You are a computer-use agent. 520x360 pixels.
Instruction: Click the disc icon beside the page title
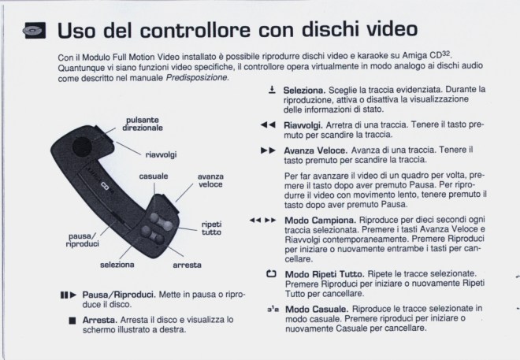click(35, 31)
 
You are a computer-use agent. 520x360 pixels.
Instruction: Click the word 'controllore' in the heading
click(195, 29)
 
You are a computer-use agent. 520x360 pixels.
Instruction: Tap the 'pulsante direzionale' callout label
click(143, 124)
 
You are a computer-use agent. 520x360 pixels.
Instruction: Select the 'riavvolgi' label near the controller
click(161, 154)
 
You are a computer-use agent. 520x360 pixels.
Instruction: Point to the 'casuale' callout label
click(154, 176)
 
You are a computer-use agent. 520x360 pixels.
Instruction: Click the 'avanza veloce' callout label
click(210, 180)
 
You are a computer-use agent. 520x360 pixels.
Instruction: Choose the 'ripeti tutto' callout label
click(212, 228)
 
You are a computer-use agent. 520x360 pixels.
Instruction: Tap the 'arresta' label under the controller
click(187, 265)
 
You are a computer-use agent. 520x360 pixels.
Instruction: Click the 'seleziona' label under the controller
click(117, 265)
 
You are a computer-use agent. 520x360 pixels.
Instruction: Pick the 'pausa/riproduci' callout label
click(83, 240)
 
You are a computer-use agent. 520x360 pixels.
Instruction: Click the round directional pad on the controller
click(82, 147)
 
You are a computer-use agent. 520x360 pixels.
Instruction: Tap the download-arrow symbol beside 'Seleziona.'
click(272, 90)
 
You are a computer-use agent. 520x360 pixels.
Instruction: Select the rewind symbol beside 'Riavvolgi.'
click(268, 124)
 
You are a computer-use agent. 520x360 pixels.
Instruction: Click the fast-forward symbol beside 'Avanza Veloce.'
click(268, 150)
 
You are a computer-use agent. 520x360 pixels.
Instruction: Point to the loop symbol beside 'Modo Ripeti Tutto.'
click(271, 274)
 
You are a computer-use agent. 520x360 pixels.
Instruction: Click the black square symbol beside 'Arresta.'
click(72, 321)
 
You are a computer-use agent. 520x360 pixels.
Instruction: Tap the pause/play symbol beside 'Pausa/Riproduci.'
click(69, 295)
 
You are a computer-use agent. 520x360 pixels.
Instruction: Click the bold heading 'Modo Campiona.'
click(321, 221)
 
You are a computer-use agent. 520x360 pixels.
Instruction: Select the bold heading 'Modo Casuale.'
click(317, 310)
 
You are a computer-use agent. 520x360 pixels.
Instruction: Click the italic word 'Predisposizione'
click(197, 77)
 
